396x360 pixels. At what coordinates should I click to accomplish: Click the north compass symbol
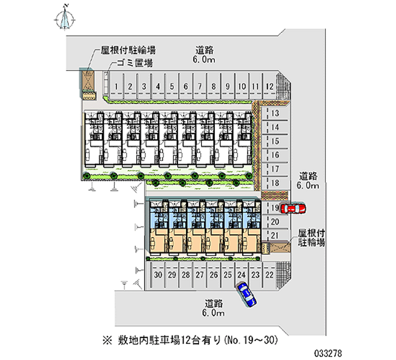click(x=65, y=17)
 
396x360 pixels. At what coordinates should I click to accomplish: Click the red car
click(x=293, y=208)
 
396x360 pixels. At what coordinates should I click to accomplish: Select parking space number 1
click(x=116, y=86)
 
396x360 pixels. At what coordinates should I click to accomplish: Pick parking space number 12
click(x=269, y=86)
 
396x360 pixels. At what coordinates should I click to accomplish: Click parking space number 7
click(x=199, y=86)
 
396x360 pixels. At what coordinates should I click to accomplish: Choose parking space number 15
click(x=276, y=141)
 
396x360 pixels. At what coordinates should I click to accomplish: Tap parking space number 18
click(x=276, y=183)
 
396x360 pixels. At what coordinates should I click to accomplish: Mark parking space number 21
click(x=276, y=235)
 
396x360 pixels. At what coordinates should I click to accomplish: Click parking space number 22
click(x=269, y=275)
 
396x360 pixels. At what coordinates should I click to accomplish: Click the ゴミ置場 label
click(x=134, y=63)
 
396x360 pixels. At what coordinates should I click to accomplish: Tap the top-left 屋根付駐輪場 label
click(x=128, y=50)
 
